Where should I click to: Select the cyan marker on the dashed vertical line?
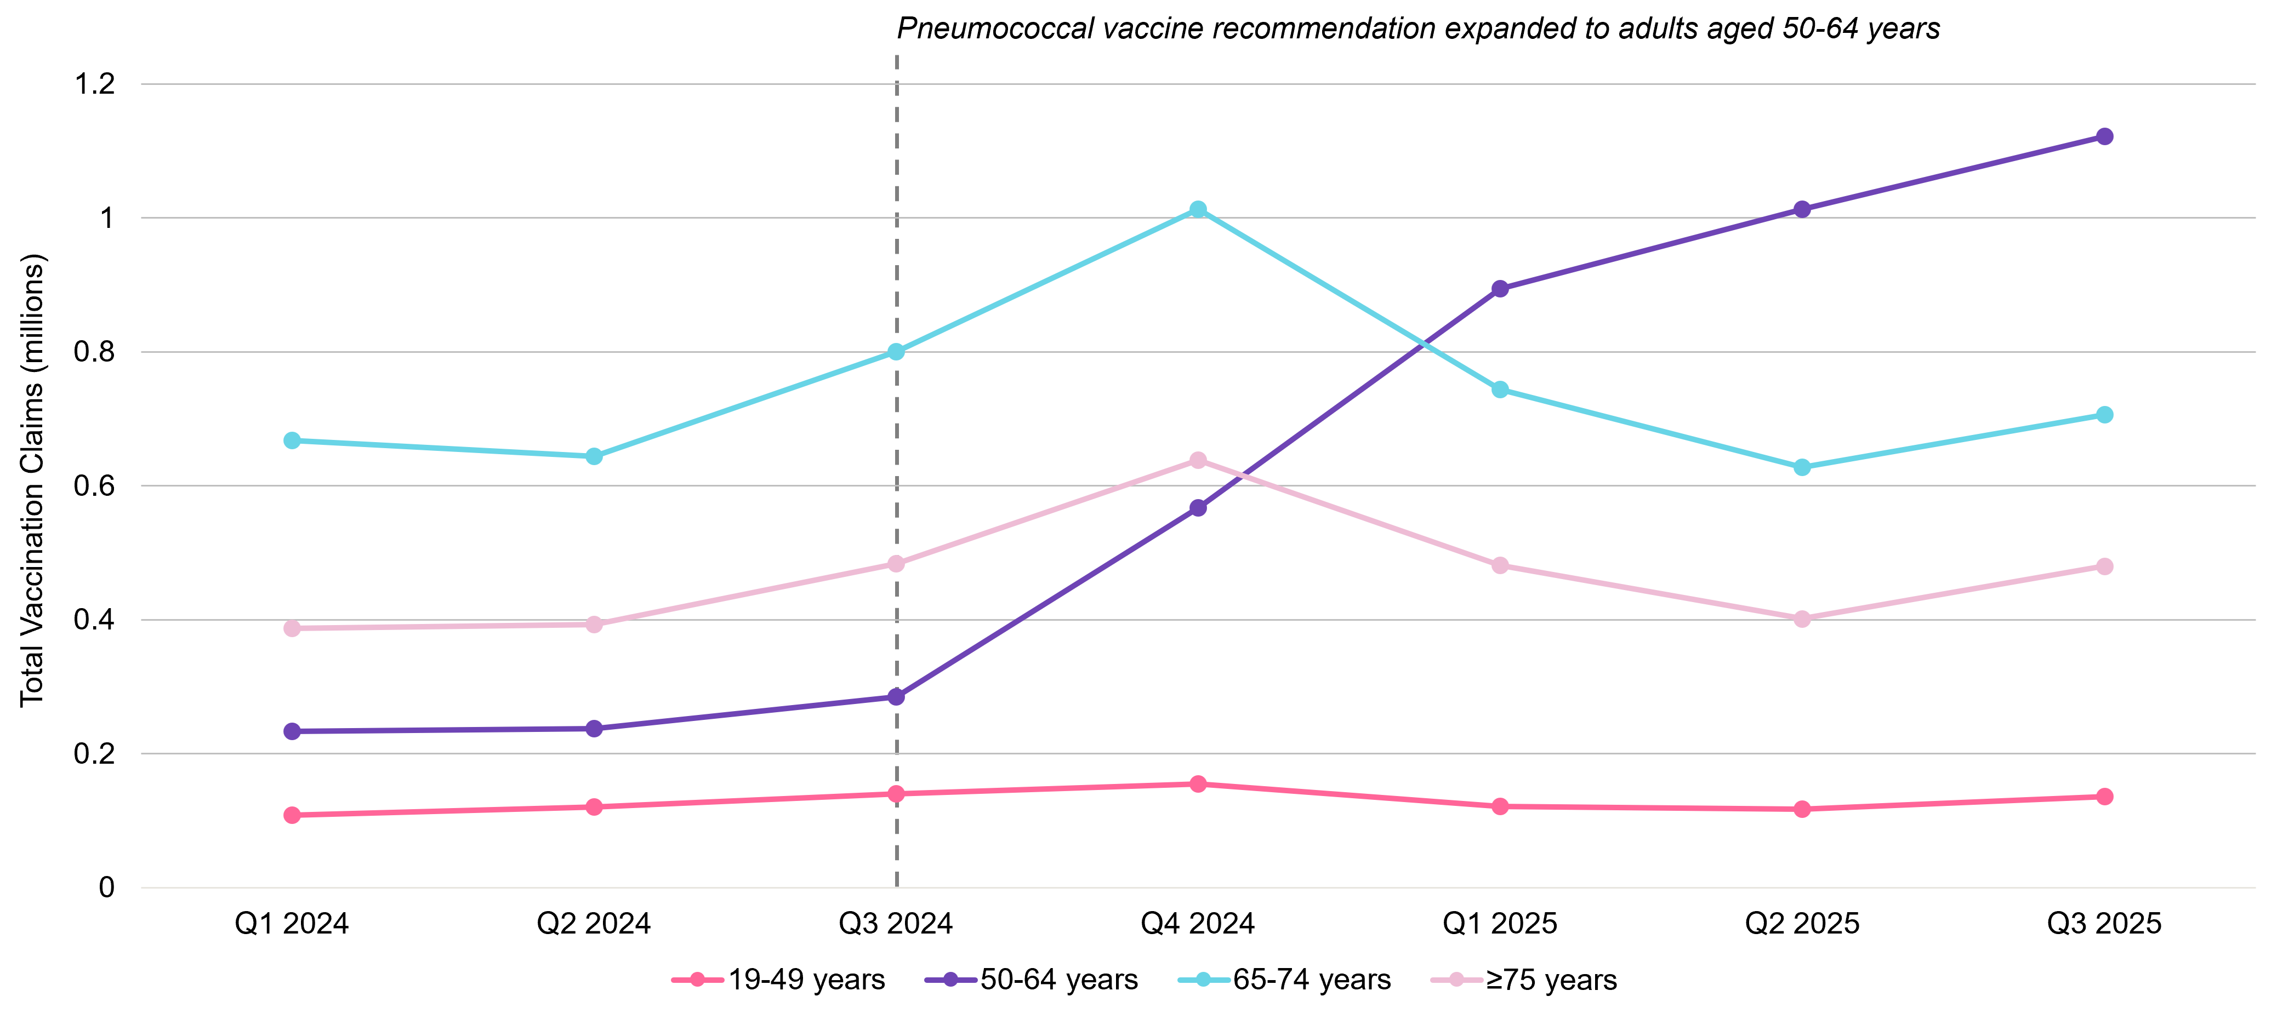click(x=896, y=352)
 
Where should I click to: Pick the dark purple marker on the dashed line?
click(x=896, y=696)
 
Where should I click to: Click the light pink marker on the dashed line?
click(x=896, y=564)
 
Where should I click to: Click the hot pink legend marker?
click(x=697, y=979)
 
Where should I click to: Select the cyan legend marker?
click(x=1204, y=979)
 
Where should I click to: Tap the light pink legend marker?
click(x=1456, y=979)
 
